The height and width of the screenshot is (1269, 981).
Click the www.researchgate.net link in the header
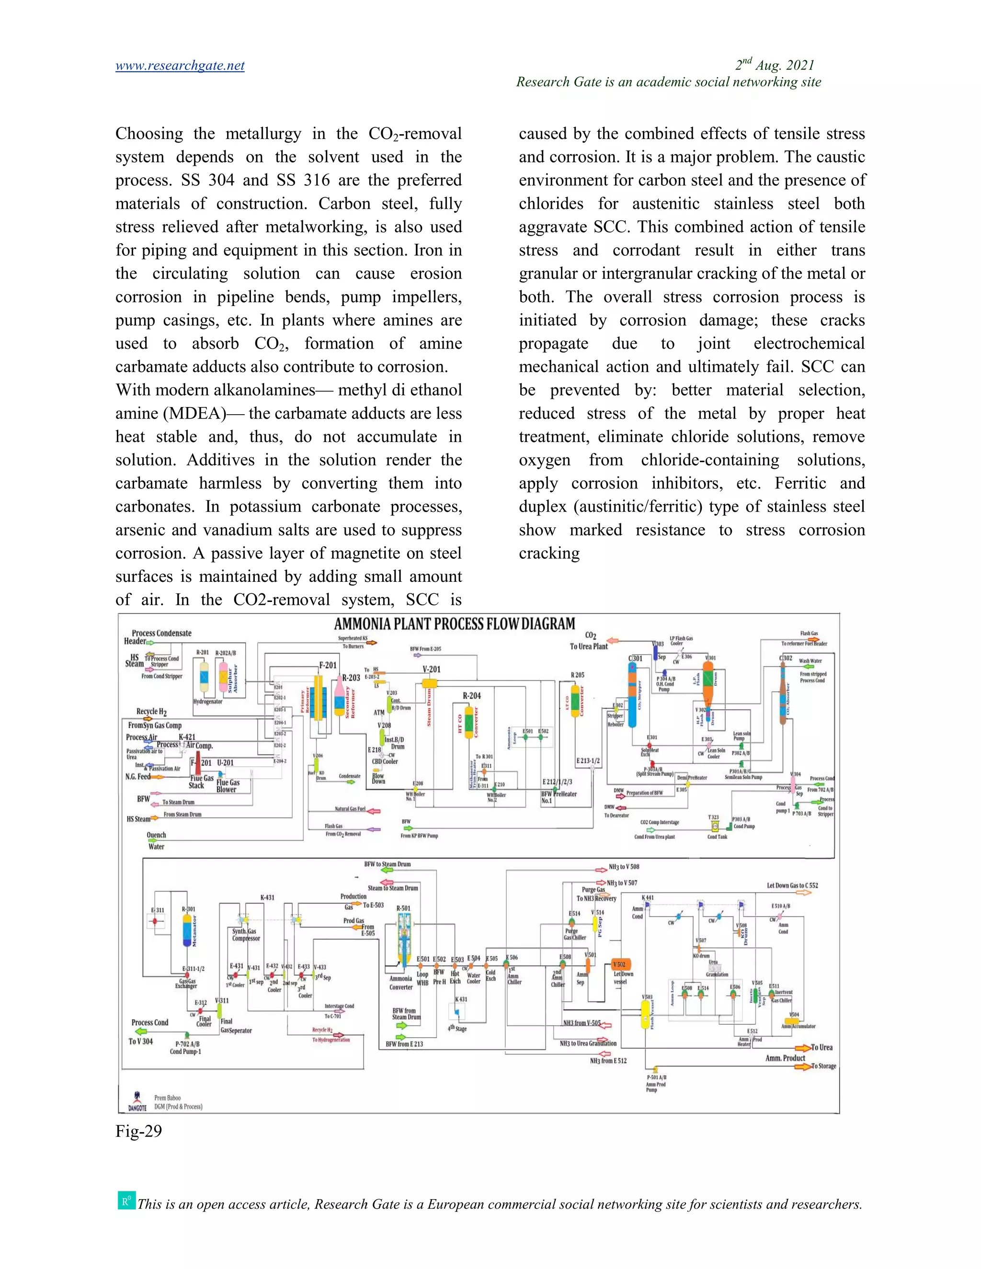[180, 66]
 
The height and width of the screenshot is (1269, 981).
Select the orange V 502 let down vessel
[621, 965]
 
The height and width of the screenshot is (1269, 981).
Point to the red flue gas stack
[198, 762]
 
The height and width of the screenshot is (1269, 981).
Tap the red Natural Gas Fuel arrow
[374, 811]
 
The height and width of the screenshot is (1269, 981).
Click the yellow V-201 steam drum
[430, 683]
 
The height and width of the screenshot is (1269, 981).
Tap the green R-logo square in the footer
[125, 1201]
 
